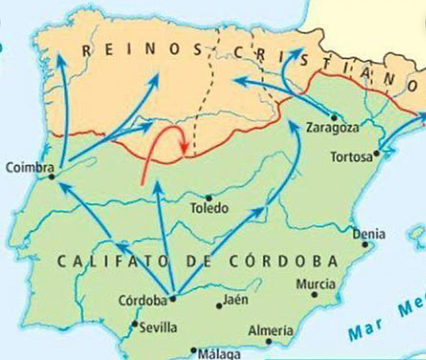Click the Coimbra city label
tap(24, 167)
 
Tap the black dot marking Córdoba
tap(173, 298)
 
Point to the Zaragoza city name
tap(332, 127)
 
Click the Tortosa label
tap(352, 157)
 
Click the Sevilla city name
tap(158, 328)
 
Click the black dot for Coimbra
tap(52, 178)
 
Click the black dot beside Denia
tap(354, 233)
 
